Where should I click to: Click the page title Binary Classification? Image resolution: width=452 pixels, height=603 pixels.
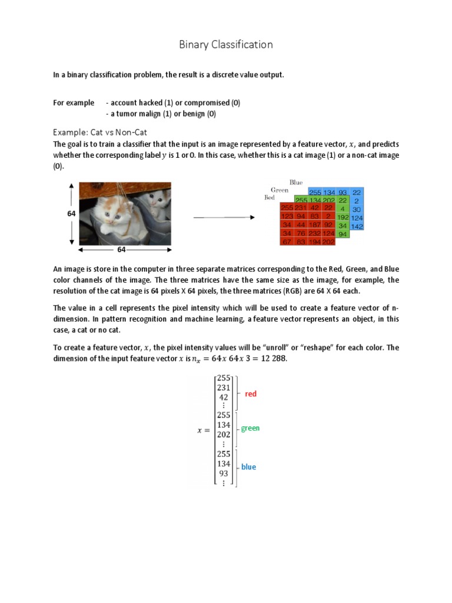point(226,45)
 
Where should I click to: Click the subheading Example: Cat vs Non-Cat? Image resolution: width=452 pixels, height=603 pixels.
point(100,132)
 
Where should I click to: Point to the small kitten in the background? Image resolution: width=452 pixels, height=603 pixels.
point(157,203)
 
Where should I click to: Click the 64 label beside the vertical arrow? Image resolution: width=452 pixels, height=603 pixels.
point(71,214)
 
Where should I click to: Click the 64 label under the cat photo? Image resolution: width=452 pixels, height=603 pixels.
point(121,250)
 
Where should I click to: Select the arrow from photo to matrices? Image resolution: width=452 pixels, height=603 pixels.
point(223,217)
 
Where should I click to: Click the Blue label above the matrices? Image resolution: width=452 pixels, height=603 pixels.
point(296,183)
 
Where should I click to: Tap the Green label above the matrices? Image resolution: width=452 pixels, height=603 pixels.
point(280,190)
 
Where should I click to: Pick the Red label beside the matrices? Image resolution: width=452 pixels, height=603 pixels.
point(270,198)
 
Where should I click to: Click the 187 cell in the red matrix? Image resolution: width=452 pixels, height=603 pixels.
point(315,224)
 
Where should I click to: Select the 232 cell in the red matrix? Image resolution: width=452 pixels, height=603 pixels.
point(315,233)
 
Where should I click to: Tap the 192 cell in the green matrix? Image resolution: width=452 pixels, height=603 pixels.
point(343,217)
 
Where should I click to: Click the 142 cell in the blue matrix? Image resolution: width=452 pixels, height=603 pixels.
point(357,226)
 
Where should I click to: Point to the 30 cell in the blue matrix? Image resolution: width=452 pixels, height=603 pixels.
point(357,209)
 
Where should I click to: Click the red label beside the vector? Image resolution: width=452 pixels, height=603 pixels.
point(251,394)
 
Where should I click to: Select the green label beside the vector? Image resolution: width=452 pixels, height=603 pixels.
point(250,428)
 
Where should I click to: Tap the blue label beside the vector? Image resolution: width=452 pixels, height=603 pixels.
point(248,467)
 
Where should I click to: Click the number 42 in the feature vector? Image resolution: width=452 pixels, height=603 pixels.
point(224,397)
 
